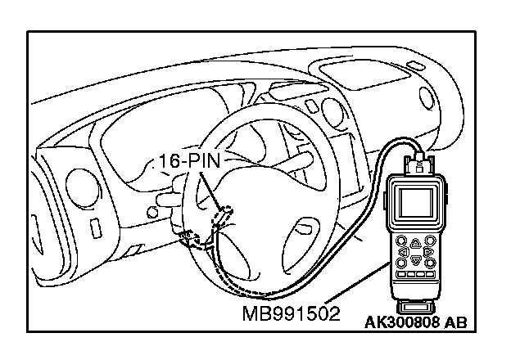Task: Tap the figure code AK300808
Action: pos(400,322)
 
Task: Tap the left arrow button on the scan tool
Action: pos(403,253)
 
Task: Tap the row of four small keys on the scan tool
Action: pos(414,275)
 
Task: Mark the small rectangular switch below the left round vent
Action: pos(95,225)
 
